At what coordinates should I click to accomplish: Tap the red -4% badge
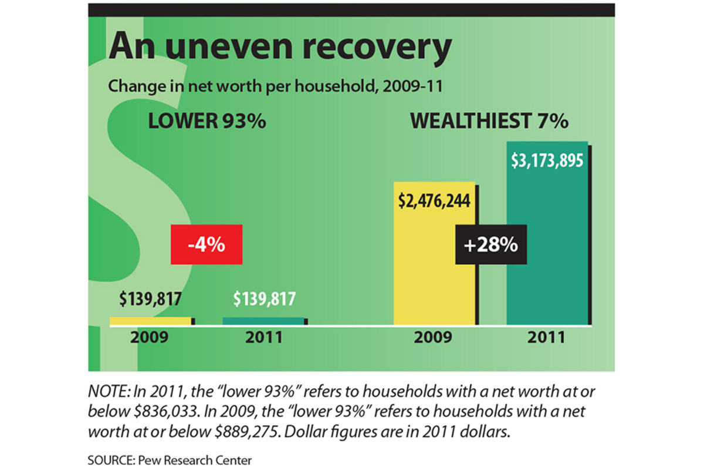tap(207, 245)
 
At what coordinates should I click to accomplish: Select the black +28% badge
tap(491, 245)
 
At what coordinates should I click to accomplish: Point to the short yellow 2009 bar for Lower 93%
tap(151, 321)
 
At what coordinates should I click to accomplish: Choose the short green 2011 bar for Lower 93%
tap(263, 321)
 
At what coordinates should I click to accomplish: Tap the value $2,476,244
tap(434, 200)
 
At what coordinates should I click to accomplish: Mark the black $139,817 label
tap(150, 299)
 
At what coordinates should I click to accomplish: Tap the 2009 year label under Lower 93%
tap(150, 338)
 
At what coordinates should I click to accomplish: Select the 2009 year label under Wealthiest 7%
tap(434, 338)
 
